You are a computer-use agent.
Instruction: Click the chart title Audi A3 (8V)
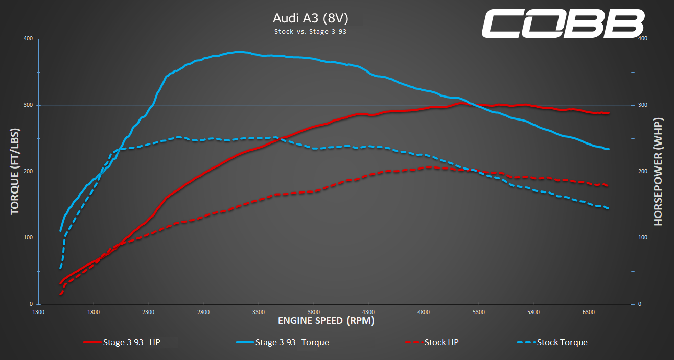point(311,18)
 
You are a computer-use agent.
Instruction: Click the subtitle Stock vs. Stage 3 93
point(311,31)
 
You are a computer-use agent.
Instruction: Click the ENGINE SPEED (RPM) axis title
point(326,321)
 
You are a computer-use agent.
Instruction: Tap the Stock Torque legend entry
point(552,342)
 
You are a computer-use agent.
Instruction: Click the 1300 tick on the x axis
point(38,311)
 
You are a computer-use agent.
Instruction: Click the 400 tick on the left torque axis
point(28,39)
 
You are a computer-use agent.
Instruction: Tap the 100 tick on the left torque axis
point(28,238)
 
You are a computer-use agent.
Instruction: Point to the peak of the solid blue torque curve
point(238,52)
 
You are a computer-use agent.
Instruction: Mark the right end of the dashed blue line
point(608,208)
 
